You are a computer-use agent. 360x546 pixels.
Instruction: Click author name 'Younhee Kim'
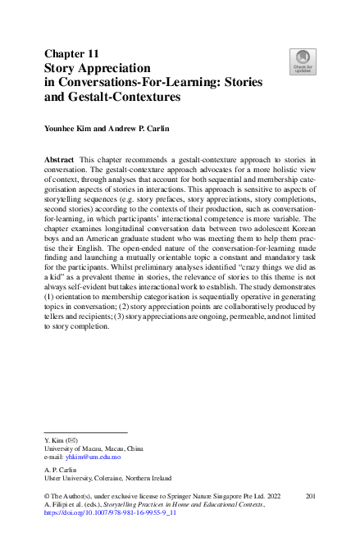[69, 129]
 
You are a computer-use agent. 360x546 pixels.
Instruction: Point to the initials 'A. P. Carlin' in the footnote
[59, 470]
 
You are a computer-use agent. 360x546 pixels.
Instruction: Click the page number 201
[310, 497]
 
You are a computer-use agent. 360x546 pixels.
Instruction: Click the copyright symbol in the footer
[45, 497]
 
